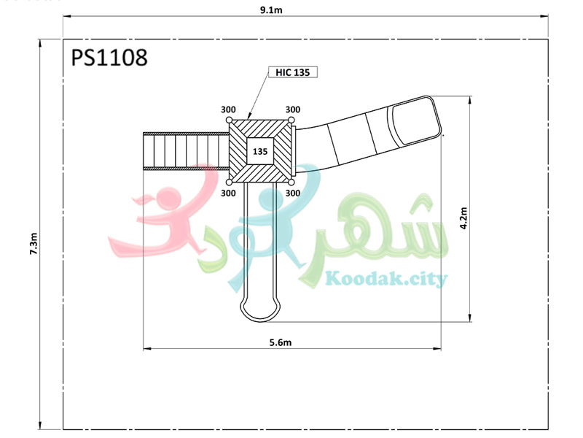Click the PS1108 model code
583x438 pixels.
[109, 58]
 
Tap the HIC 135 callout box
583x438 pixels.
[293, 72]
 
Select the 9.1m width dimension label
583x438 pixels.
[271, 10]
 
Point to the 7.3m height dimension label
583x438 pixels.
[34, 244]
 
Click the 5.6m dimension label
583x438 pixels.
[281, 342]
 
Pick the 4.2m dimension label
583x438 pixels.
[463, 218]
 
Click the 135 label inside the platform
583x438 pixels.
[260, 152]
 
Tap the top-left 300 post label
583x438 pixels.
[228, 109]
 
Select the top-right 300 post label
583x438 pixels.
[293, 109]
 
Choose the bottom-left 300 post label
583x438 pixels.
[228, 193]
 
